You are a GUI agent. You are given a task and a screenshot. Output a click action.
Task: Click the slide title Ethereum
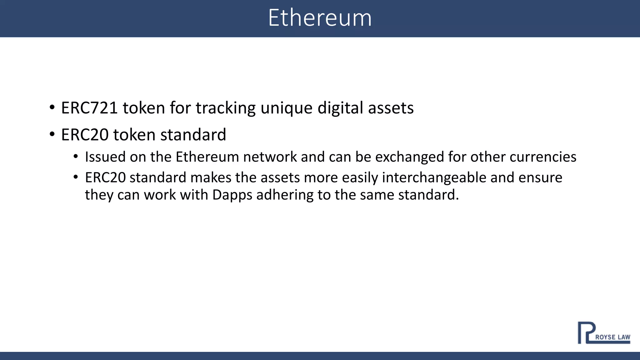320,18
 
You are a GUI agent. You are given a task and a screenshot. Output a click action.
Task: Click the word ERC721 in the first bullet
89,108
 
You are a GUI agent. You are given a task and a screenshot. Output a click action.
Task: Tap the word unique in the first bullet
286,108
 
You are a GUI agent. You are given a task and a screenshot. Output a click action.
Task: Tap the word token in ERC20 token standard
134,135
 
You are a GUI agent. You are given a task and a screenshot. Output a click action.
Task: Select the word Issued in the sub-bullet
105,157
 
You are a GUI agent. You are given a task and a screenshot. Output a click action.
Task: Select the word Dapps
232,195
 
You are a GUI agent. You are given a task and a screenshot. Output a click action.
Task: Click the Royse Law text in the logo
612,337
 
